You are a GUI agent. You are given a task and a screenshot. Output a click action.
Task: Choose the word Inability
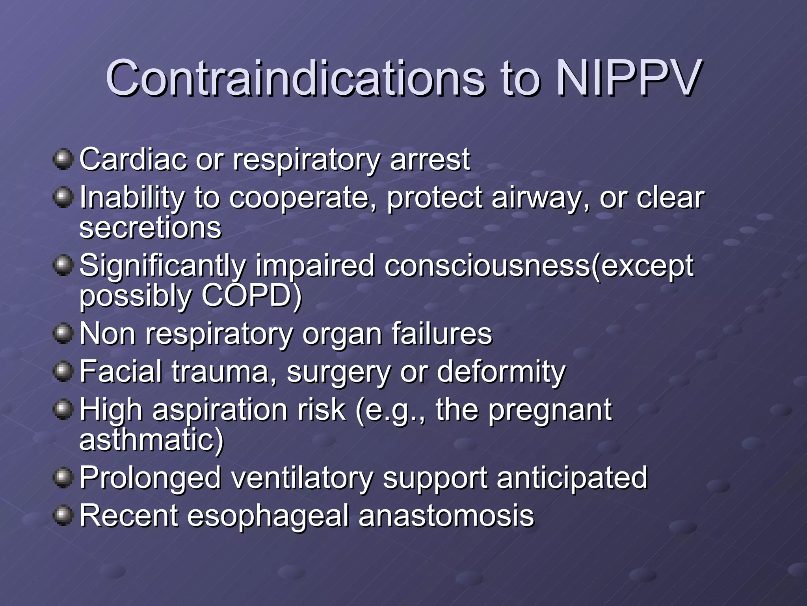(x=132, y=198)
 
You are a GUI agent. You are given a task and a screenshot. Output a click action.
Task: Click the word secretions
(x=150, y=228)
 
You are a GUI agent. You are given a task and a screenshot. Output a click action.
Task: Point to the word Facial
(x=121, y=371)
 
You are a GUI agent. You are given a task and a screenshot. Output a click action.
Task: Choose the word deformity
(x=501, y=372)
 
